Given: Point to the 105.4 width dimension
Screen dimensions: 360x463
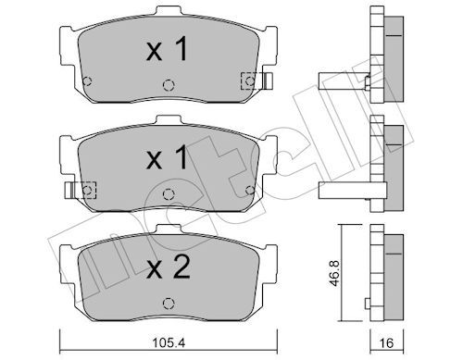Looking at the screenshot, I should click(167, 343).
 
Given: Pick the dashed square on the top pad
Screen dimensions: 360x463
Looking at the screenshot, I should click(247, 81).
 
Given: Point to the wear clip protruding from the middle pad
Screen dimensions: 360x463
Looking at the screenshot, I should click(70, 190).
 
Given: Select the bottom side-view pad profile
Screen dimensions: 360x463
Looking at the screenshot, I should click(382, 271).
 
